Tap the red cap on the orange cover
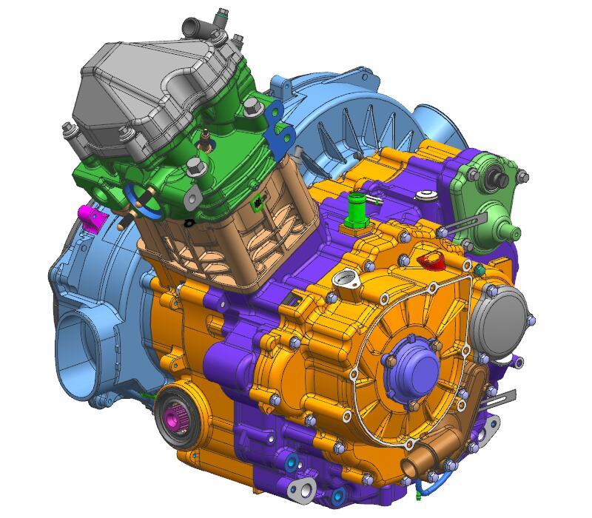(430, 260)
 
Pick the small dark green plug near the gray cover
(479, 271)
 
